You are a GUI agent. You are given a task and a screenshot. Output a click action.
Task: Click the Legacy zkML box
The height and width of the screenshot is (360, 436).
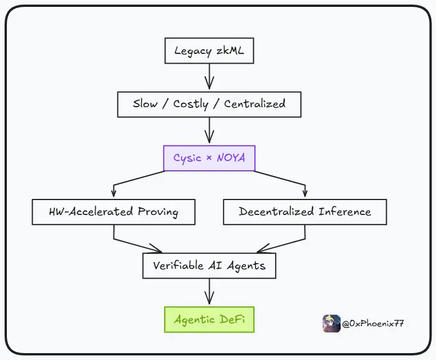coord(209,51)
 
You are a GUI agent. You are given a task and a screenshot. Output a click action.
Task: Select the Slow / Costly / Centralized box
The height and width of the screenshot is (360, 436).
coord(209,104)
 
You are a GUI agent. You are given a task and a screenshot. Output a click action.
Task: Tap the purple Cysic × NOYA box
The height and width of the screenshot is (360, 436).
coord(209,158)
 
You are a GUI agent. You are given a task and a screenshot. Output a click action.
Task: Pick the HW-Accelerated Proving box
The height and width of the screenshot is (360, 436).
coord(113,212)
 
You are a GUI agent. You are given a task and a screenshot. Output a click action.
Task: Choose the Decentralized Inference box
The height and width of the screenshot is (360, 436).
coord(305,212)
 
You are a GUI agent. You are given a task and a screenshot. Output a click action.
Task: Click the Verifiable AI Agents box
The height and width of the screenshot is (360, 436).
coord(209,265)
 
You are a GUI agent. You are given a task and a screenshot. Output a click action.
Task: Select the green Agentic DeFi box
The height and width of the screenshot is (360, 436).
coord(209,319)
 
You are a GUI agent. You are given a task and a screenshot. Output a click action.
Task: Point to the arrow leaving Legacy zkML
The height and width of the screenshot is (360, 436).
coord(209,77)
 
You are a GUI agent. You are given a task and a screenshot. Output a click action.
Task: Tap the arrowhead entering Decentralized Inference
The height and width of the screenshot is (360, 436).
coord(305,193)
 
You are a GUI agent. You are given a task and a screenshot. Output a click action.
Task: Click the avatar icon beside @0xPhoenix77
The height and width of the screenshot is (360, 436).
coord(331,323)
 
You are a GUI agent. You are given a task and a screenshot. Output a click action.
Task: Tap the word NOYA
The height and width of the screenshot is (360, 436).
coord(230,158)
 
